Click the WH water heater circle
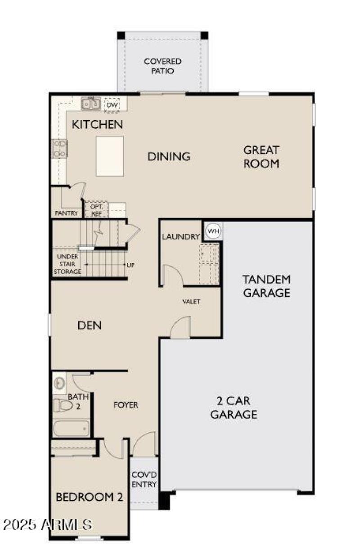click(x=213, y=231)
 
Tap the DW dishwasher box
click(x=112, y=105)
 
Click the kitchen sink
click(x=90, y=104)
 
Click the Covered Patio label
click(x=162, y=66)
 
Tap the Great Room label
click(x=261, y=156)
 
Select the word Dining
click(x=169, y=157)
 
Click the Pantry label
click(x=66, y=213)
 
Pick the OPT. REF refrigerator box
click(x=97, y=209)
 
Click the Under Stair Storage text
click(x=67, y=264)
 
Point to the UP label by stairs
click(x=130, y=265)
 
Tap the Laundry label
click(x=180, y=236)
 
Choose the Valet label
click(x=191, y=301)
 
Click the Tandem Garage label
click(x=266, y=286)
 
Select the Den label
click(x=89, y=325)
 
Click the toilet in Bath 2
click(x=63, y=405)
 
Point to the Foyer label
click(x=126, y=405)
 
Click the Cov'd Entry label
click(x=144, y=480)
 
